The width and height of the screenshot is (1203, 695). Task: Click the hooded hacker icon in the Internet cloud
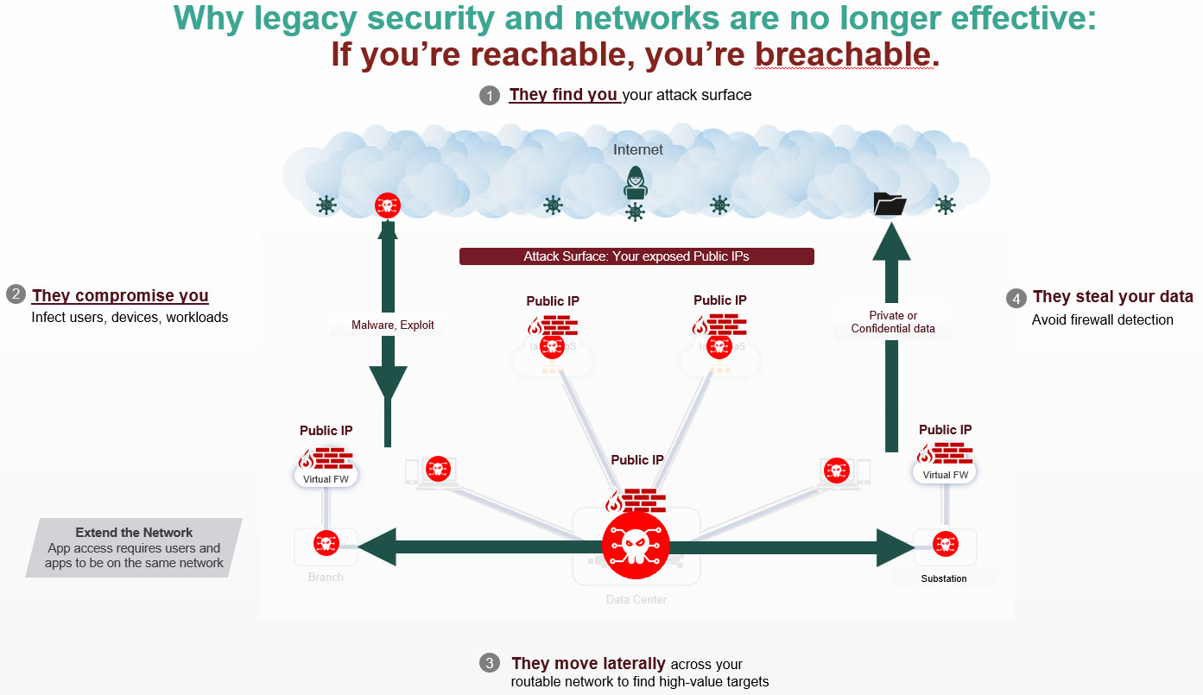(636, 183)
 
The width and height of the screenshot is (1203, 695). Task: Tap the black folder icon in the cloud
(890, 204)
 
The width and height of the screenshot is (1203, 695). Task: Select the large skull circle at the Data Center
(636, 545)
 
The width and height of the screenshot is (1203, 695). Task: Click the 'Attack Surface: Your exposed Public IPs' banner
(636, 256)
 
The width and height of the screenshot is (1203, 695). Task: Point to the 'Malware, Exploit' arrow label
(393, 325)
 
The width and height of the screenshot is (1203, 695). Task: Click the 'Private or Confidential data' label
(893, 322)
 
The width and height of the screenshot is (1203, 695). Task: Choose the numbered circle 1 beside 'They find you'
(490, 96)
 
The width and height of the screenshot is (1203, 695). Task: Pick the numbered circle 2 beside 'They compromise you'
(16, 295)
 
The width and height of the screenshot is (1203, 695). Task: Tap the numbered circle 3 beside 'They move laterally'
(490, 664)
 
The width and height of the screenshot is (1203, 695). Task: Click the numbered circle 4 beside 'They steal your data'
(1016, 298)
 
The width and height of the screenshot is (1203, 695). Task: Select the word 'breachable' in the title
(844, 55)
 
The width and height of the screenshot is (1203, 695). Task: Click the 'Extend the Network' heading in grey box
(134, 533)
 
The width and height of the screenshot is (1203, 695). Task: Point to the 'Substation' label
(944, 578)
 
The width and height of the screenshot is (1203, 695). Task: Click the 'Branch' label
(326, 577)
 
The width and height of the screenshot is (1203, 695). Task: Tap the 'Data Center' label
(636, 599)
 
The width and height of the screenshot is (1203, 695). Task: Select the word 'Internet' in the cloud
(638, 149)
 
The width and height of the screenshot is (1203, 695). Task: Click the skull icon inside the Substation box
(945, 545)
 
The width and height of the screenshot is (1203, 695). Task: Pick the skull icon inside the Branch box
(326, 544)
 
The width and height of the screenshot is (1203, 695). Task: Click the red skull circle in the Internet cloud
(388, 205)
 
